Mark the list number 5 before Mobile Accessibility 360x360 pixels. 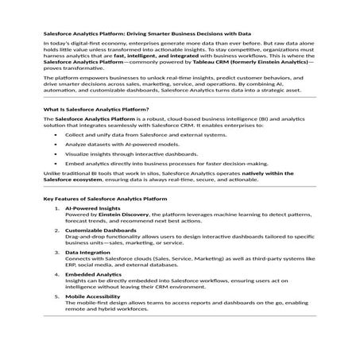click(57, 295)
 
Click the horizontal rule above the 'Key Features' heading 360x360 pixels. click(180, 188)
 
